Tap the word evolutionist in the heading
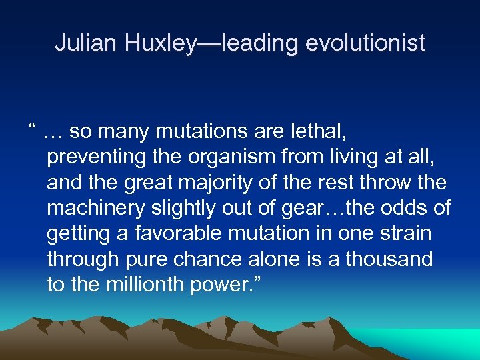coord(365,43)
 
